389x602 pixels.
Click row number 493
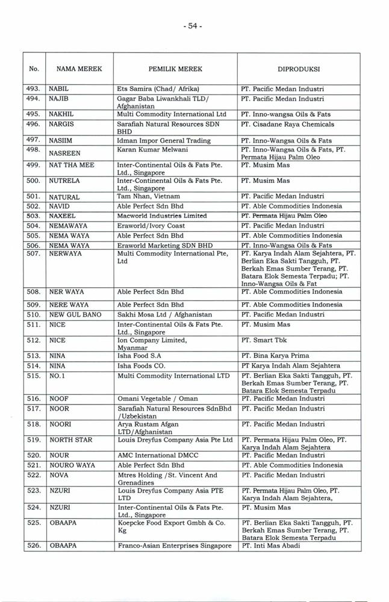(x=34, y=88)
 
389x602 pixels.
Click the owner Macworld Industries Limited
(x=161, y=216)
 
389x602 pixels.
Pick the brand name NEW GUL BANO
(x=75, y=314)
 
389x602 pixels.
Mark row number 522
(x=34, y=476)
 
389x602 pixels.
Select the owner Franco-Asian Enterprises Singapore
(x=174, y=546)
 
